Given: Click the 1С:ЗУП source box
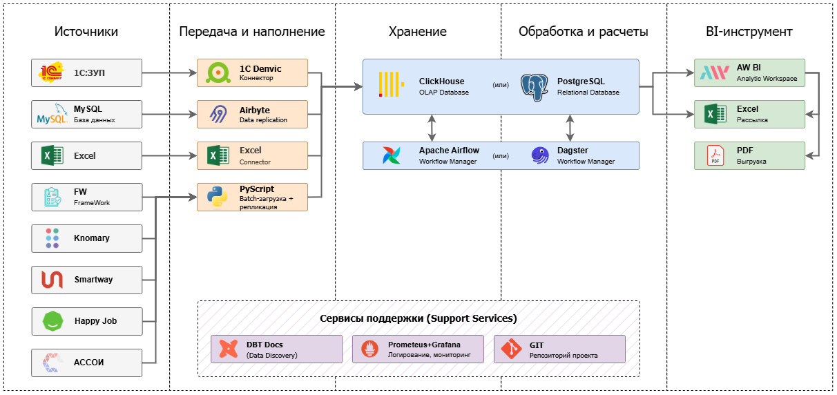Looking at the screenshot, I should [87, 73].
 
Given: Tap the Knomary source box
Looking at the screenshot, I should [87, 238].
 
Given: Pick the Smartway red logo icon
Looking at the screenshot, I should [52, 280].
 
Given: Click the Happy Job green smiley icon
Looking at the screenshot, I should [52, 321].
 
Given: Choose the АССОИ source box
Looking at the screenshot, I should [87, 363].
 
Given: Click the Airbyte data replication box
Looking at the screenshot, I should [253, 114].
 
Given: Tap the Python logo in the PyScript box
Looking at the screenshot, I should [218, 197].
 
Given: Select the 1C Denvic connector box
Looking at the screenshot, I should [253, 73].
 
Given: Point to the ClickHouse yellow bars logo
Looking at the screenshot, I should [391, 84].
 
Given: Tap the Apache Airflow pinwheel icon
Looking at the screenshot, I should [392, 155].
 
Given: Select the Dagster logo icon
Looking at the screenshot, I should [540, 155].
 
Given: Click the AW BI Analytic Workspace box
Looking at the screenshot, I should [749, 73].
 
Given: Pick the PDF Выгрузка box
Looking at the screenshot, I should [749, 155].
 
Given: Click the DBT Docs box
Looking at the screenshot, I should [276, 349].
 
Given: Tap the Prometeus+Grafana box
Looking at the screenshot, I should [418, 349].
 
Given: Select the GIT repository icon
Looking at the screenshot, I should [511, 349].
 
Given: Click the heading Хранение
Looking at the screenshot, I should [417, 32].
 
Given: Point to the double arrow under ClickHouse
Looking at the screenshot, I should [432, 128].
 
